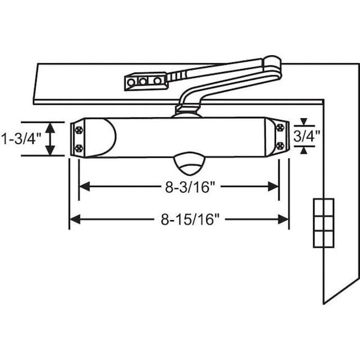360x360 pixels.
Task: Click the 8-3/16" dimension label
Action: coord(190,187)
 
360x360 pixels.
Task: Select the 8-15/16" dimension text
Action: coord(190,220)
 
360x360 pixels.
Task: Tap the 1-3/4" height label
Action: coord(22,139)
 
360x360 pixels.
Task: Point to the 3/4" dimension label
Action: coord(307,136)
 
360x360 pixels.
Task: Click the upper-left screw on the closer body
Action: coord(79,130)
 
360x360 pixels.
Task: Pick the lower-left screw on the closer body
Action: coord(79,148)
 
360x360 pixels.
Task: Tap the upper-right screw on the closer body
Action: coord(280,127)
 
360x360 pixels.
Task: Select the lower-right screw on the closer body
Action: coord(280,146)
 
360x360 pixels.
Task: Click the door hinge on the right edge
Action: coord(323,223)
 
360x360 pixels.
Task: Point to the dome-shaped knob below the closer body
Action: coord(189,163)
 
